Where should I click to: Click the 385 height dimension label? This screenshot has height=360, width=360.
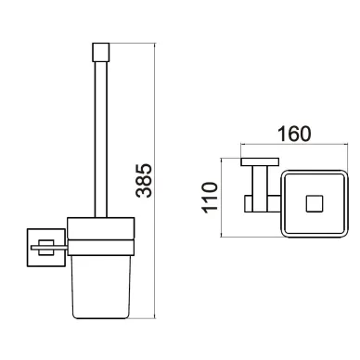point(144,180)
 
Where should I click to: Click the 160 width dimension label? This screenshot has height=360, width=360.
point(294,134)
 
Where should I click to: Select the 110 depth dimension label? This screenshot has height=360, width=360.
point(210,198)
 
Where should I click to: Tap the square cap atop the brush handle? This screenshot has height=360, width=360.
point(101,52)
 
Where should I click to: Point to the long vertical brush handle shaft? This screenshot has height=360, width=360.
point(101,139)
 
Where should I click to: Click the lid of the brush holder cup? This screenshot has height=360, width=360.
point(101,228)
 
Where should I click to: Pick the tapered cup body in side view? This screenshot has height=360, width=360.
point(101,287)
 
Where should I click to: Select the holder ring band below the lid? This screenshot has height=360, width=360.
point(101,248)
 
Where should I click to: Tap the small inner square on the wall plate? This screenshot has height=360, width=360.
point(46,248)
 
